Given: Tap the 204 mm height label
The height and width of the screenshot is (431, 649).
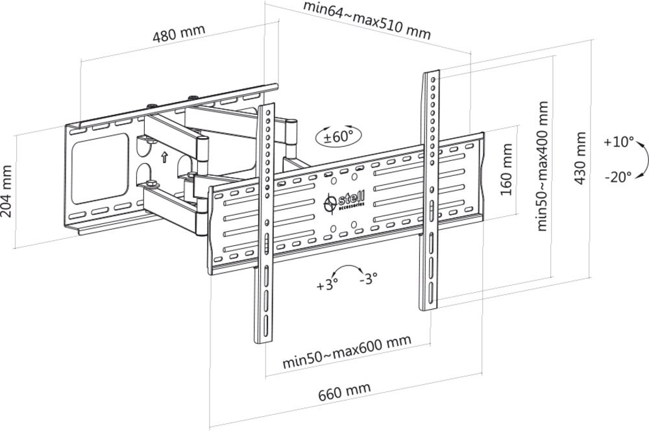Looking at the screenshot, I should pyautogui.click(x=7, y=191).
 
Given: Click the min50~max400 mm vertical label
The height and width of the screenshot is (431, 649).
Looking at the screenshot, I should pyautogui.click(x=543, y=166).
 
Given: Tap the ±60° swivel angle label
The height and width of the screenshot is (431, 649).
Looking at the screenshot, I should pyautogui.click(x=338, y=136).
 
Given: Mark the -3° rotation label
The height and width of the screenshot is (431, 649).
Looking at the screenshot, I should pyautogui.click(x=368, y=278).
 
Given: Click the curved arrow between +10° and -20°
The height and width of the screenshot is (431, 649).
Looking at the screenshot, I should pyautogui.click(x=641, y=159).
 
